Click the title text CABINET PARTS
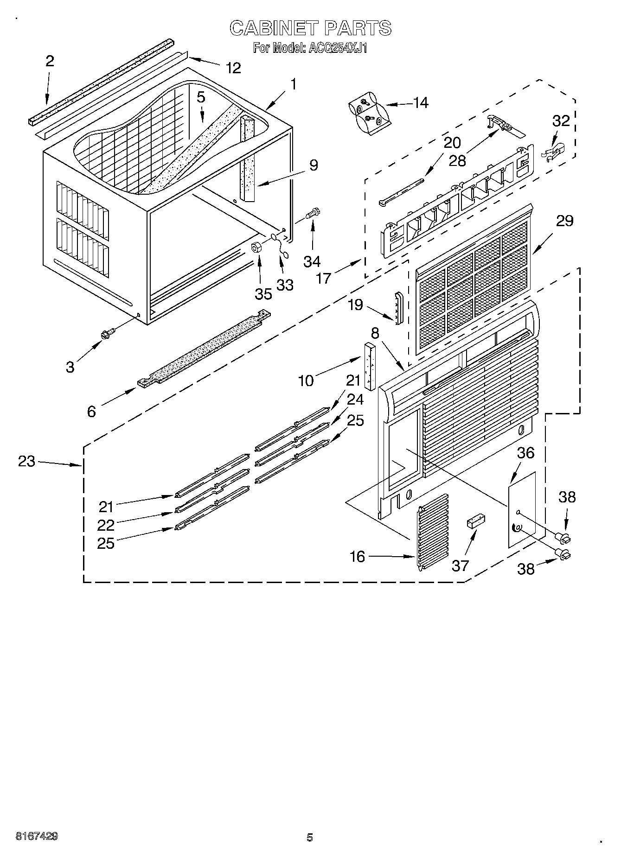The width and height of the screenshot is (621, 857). point(310,28)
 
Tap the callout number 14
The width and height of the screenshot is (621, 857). point(421,102)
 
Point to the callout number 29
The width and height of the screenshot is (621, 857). point(564,221)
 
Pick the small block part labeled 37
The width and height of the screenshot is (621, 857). point(475,521)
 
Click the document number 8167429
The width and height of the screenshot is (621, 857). point(37,837)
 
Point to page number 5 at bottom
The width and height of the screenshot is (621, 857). point(310,837)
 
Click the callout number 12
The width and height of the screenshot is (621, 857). point(234,68)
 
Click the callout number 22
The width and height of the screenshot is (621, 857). point(106,525)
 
